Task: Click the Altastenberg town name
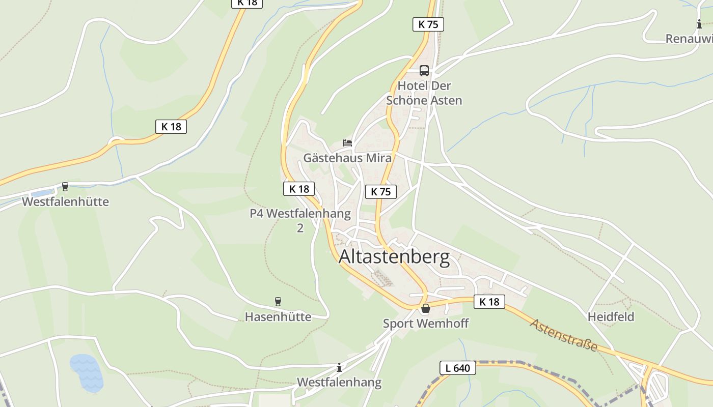coord(394,257)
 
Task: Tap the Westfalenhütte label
coord(65,201)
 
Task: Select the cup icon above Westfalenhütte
coord(65,187)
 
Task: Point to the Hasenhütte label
coord(278,316)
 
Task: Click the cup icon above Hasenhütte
coord(278,302)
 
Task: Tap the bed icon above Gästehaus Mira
coord(347,143)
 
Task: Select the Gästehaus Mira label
coord(347,158)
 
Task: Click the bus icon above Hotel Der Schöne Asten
coord(424,71)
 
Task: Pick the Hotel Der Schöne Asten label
coord(424,93)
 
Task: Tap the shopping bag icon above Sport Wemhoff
coord(425,308)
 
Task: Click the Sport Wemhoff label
coord(426,323)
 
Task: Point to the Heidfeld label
coord(611,316)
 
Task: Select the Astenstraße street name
coord(564,335)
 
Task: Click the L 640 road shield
coord(458,368)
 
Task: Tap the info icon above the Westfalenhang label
coord(339,367)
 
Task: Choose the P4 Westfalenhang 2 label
coord(300,220)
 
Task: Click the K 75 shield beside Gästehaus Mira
coord(380,192)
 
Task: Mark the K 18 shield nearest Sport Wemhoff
coord(489,302)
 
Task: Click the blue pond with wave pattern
coord(87,372)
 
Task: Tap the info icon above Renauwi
coord(699,24)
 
